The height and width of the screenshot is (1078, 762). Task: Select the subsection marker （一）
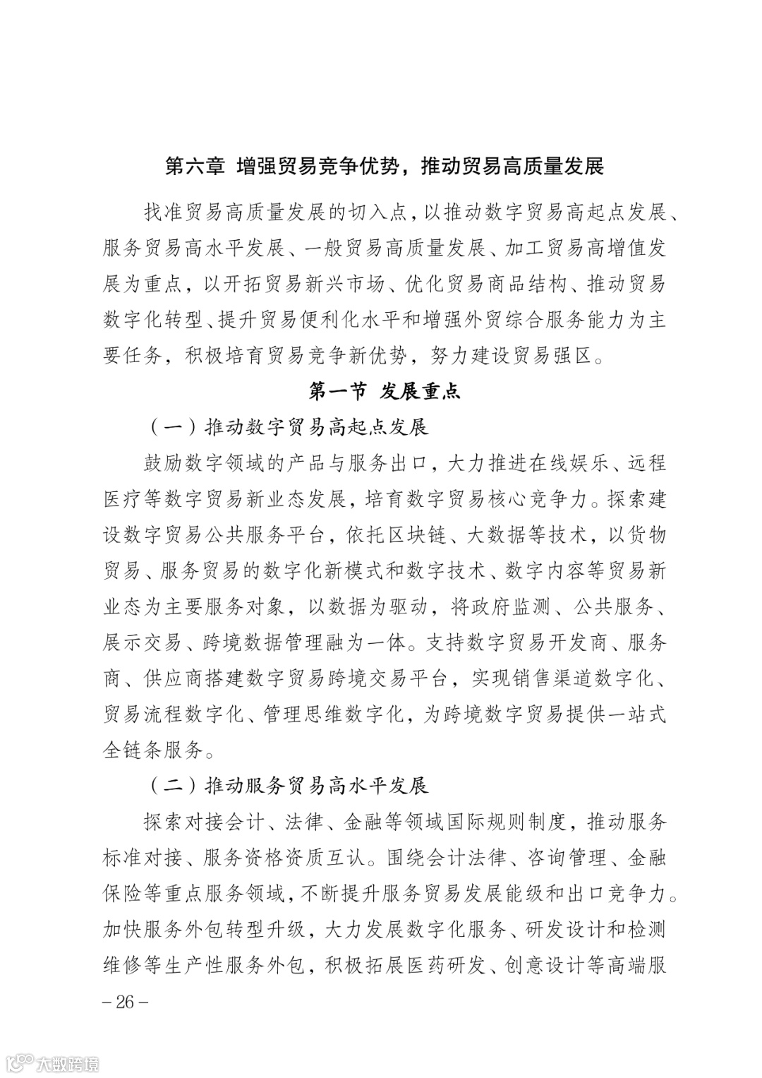[172, 427]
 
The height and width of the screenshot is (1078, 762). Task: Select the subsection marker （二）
[172, 785]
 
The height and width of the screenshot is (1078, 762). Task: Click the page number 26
[126, 1002]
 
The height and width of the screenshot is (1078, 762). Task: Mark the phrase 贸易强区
[552, 356]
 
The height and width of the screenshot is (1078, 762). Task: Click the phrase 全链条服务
[154, 750]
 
